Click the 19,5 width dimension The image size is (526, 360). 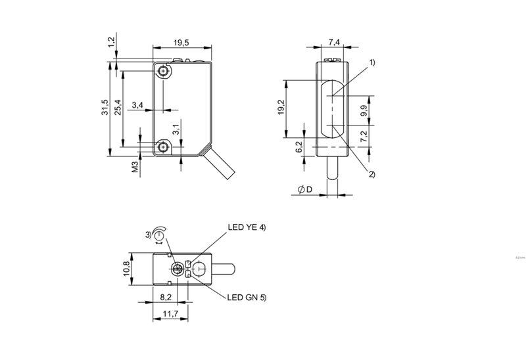coord(181,43)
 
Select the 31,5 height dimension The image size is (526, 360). coord(104,108)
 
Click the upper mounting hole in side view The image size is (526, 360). coord(164,70)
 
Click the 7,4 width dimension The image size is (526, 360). coord(333,43)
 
